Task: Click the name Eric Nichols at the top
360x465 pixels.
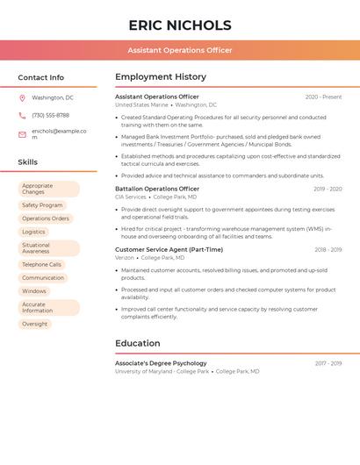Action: pos(180,25)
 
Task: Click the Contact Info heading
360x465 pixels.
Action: pos(41,77)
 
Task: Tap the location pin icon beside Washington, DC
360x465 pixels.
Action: pos(22,97)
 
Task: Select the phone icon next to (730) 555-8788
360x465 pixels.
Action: pos(22,115)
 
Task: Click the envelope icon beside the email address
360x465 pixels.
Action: pos(22,134)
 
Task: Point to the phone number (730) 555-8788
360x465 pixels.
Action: pos(50,115)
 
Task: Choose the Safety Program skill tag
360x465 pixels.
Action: pos(42,205)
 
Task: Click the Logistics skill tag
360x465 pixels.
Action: pos(33,232)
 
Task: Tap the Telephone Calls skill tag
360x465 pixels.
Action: pos(41,264)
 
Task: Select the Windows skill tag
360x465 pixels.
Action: pos(34,290)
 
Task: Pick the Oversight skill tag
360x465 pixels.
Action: pos(35,324)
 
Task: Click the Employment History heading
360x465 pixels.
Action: pos(161,77)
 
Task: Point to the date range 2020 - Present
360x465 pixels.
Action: pos(323,97)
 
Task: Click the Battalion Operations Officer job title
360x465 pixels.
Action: pos(157,189)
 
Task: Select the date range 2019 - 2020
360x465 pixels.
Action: pos(328,189)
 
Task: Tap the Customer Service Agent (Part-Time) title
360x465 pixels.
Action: pos(169,249)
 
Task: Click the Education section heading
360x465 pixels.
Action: pos(137,343)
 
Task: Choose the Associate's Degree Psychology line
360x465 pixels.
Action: pos(161,363)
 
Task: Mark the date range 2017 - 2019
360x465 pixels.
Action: pos(328,363)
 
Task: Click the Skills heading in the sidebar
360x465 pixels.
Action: pos(28,162)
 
